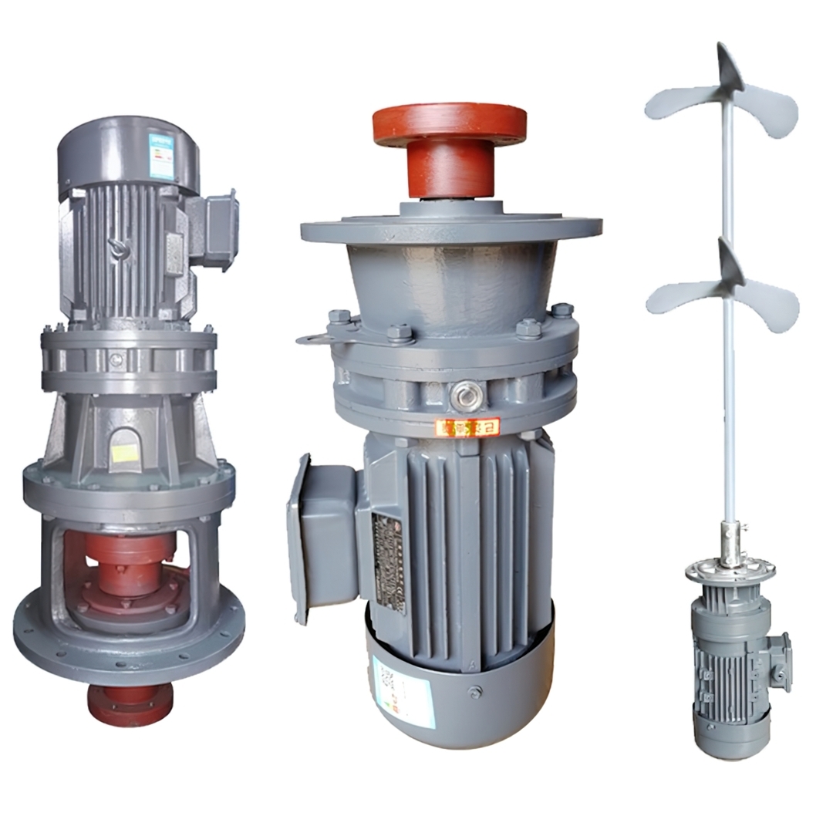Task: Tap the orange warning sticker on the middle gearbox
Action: point(467,427)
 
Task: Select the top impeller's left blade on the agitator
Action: point(679,102)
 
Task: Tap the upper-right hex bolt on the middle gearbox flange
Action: point(561,311)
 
